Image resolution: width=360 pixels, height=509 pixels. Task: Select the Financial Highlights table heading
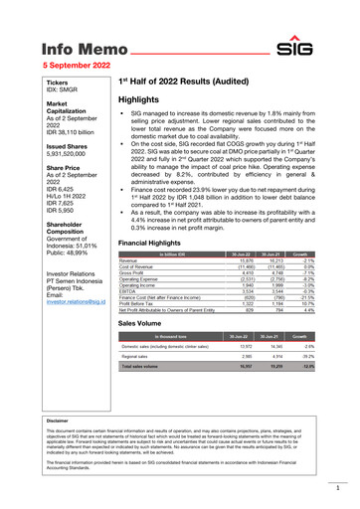(149, 244)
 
